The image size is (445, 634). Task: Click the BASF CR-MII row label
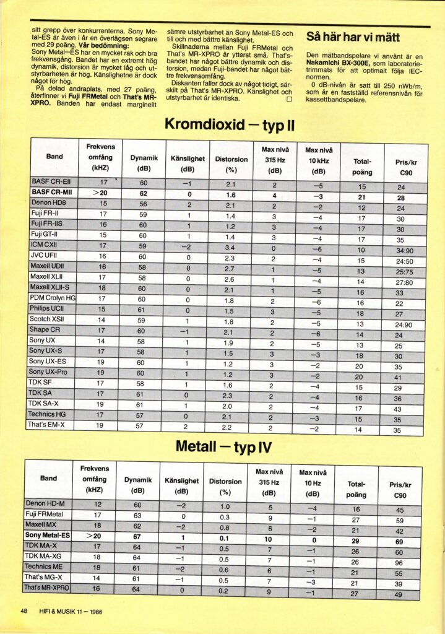pyautogui.click(x=52, y=193)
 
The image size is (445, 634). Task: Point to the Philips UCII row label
pyautogui.click(x=46, y=309)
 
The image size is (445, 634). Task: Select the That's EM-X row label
pyautogui.click(x=46, y=425)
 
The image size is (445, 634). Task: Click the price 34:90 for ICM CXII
pyautogui.click(x=400, y=251)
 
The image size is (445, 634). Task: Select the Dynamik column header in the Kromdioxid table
pyautogui.click(x=144, y=163)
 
